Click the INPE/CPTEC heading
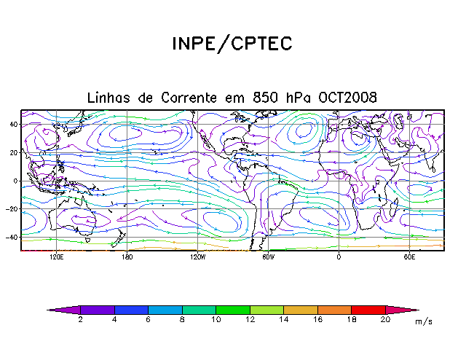click(232, 44)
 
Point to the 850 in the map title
click(267, 98)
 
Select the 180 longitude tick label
click(127, 257)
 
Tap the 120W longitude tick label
click(197, 257)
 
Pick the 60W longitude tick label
click(267, 257)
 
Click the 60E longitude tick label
click(408, 257)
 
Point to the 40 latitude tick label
click(13, 124)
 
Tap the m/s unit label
click(423, 321)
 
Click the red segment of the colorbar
click(368, 310)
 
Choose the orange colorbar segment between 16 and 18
click(334, 310)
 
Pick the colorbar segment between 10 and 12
click(232, 310)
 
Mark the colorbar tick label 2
click(80, 320)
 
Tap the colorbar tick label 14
click(283, 320)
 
